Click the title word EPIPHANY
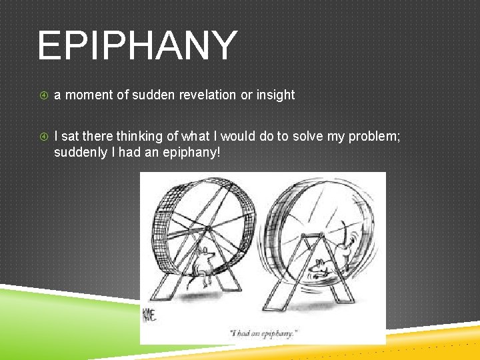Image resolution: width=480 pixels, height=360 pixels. (x=137, y=45)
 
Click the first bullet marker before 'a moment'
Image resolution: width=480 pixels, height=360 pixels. (x=44, y=95)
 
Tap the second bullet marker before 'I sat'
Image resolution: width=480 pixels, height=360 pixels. (x=44, y=137)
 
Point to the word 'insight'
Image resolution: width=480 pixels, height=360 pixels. (x=275, y=95)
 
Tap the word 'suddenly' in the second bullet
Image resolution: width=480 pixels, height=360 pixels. (x=78, y=152)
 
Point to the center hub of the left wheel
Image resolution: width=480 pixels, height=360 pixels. (x=207, y=230)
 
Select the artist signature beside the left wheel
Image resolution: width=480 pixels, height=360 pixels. (x=149, y=314)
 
